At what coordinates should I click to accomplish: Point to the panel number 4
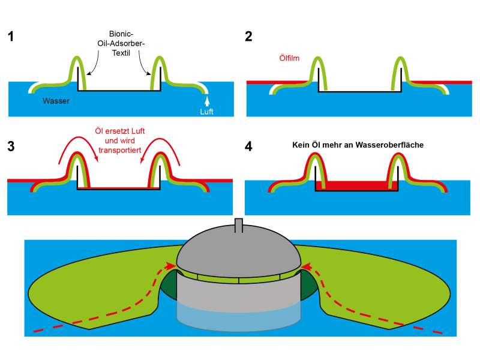249,146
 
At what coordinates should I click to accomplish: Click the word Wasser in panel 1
56,101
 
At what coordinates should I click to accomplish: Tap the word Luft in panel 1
206,112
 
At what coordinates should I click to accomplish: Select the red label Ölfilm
290,59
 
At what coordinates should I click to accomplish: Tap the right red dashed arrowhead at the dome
306,264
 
